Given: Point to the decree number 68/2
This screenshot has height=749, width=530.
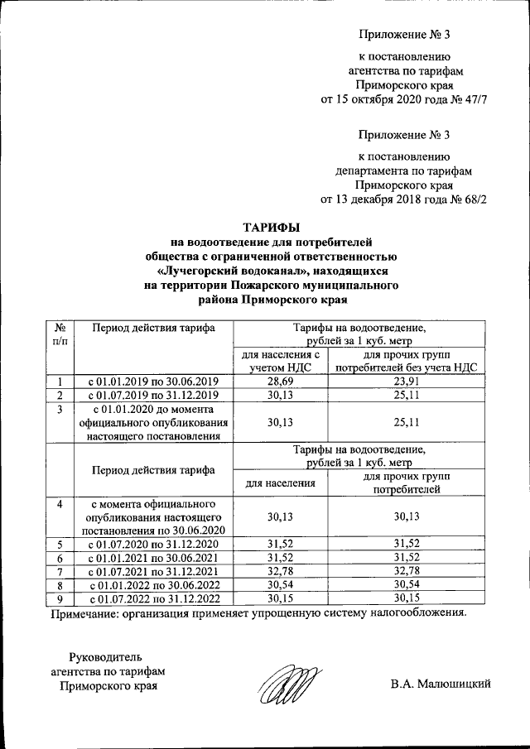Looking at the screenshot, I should coord(472,199).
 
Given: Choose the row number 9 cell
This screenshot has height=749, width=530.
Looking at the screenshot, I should coord(60,598).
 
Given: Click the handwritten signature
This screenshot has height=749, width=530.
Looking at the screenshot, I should coord(286,685).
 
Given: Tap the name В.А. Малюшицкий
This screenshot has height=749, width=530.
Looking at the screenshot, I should coord(442,684).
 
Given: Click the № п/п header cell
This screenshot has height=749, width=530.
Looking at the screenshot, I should coord(60,334).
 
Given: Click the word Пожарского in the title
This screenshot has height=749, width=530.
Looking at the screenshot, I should coord(248,286).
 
